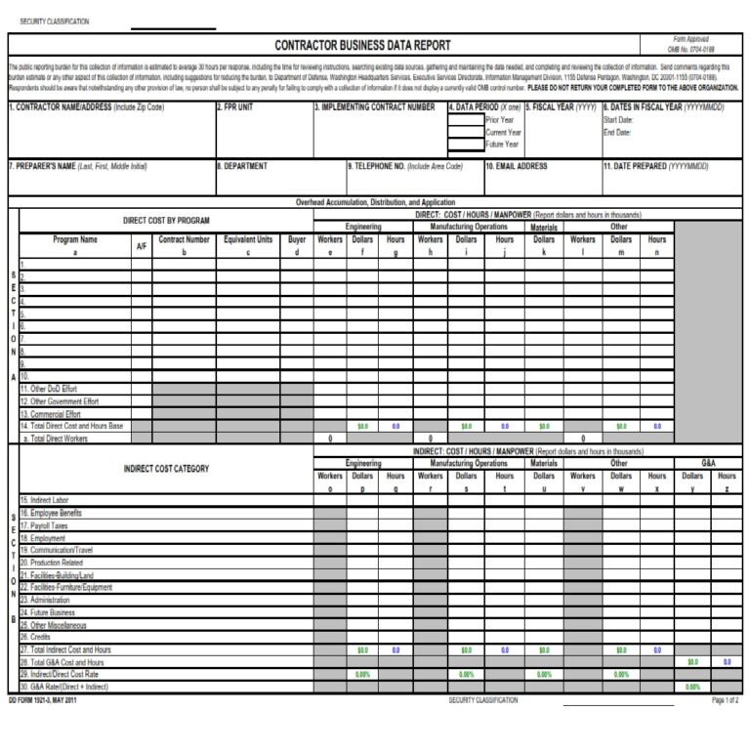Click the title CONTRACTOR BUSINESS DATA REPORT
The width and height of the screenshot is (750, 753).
pos(362,45)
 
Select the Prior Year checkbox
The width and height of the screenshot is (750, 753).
pos(467,120)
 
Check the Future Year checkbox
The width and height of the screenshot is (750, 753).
pos(467,144)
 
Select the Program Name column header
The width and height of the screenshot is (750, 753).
pos(75,239)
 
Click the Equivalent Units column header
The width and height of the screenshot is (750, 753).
pos(248,239)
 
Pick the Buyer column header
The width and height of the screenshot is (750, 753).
pos(297,239)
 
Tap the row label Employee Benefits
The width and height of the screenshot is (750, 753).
pos(55,513)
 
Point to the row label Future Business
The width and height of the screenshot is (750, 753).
pos(53,612)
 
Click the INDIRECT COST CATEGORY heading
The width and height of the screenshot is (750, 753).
pos(166,469)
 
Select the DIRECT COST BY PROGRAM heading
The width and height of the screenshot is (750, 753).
pos(166,221)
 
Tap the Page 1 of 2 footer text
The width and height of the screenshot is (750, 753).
pos(724,700)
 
